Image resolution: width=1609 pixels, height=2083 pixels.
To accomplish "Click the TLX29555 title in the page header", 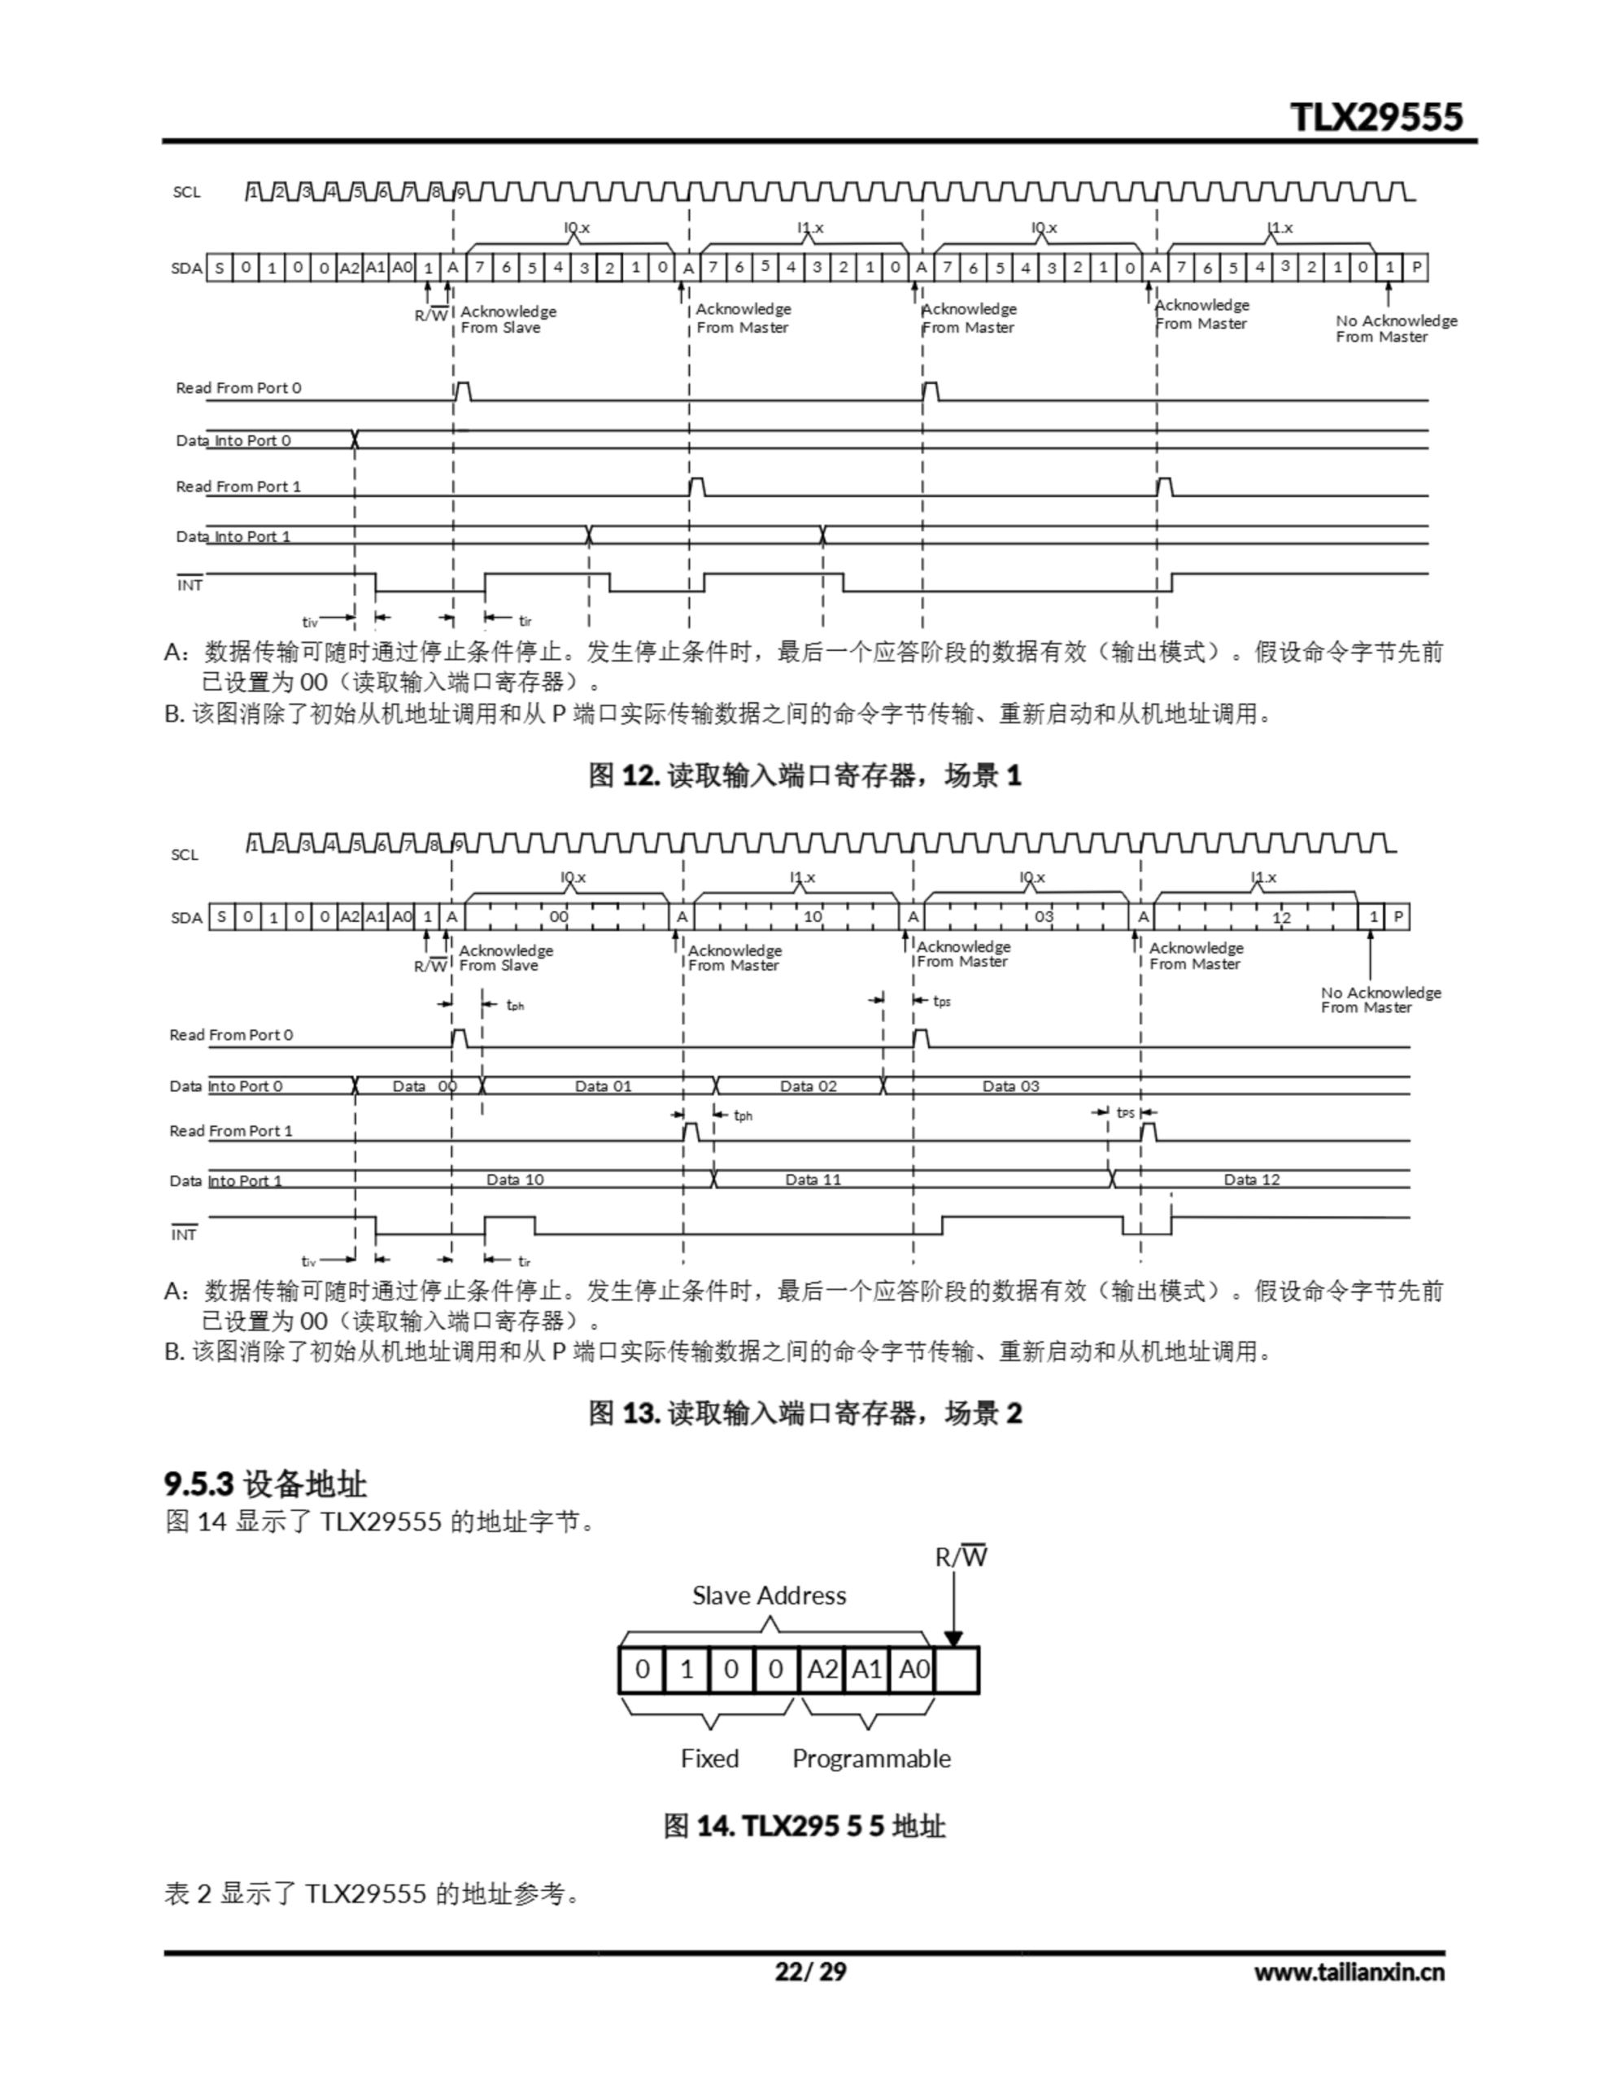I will tap(1376, 116).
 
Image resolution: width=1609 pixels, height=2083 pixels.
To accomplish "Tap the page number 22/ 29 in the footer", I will tap(809, 1972).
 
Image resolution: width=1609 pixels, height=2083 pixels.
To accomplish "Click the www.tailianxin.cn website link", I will tap(1348, 1972).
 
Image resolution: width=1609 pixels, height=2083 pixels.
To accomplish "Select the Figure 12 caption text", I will tap(804, 775).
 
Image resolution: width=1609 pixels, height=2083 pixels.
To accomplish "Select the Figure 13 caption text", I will tap(804, 1413).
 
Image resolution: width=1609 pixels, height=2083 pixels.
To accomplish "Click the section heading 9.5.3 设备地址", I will tap(265, 1484).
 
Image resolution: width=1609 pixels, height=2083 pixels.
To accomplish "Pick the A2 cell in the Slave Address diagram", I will tap(822, 1670).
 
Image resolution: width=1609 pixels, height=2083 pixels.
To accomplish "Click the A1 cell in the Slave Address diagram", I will tap(866, 1670).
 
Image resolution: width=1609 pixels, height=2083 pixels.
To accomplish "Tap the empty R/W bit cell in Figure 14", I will tap(956, 1670).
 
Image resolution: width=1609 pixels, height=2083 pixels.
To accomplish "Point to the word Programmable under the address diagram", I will tap(870, 1758).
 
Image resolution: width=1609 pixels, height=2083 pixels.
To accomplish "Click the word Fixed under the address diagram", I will tap(709, 1758).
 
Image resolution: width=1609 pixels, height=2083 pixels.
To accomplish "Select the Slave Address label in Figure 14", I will tap(769, 1596).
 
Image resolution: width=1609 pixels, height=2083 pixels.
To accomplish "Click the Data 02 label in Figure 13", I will tap(808, 1086).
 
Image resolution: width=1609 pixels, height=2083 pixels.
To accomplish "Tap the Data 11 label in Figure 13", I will tap(813, 1180).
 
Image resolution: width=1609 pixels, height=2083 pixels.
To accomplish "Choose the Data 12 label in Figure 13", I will tap(1251, 1180).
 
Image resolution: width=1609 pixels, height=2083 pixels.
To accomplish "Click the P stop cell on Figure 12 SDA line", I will tap(1416, 267).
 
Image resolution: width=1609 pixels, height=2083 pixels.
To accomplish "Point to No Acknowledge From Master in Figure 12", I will tap(1395, 328).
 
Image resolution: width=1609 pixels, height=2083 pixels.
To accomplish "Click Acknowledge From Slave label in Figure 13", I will tap(504, 958).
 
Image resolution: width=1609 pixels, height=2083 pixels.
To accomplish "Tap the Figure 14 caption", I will tap(804, 1827).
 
